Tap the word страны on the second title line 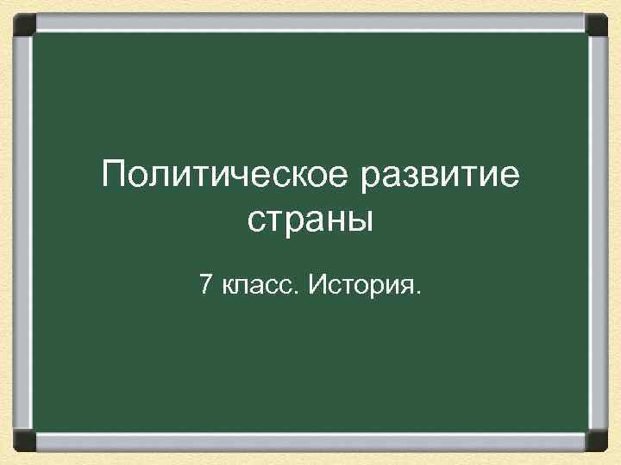[310, 220]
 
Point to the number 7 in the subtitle [205, 283]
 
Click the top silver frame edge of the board [310, 20]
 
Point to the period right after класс [298, 291]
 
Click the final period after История [420, 291]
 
